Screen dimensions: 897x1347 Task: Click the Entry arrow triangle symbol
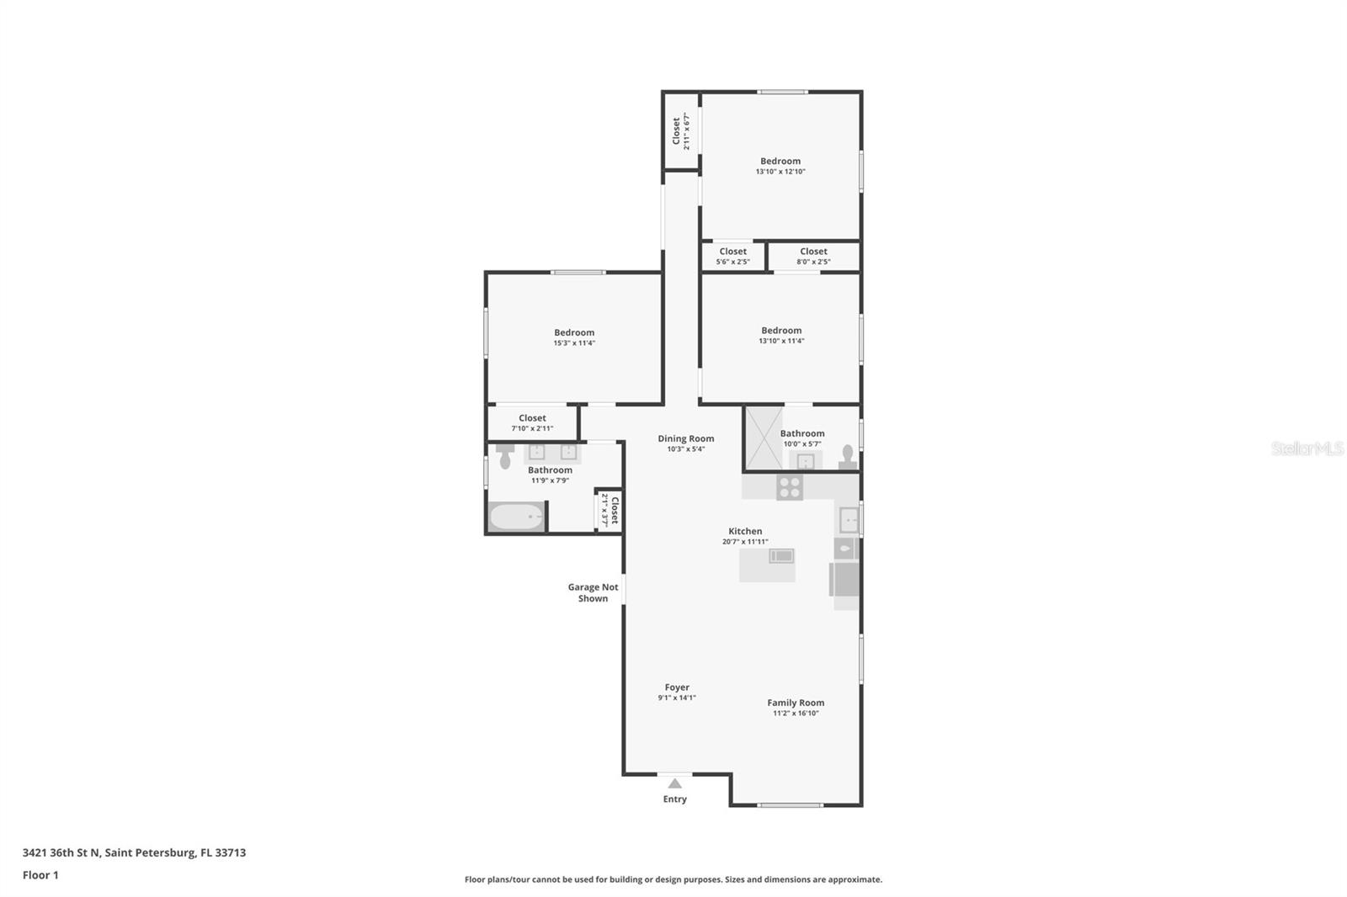674,783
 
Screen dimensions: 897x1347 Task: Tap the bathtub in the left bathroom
516,517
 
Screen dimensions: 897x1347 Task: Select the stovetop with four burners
790,487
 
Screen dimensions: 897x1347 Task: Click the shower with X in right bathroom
764,438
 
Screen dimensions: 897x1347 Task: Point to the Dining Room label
685,438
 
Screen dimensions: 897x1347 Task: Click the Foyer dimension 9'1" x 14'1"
676,698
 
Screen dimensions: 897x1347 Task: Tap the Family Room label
796,703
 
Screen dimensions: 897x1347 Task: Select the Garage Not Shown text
593,593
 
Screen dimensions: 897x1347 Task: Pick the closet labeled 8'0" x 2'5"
813,256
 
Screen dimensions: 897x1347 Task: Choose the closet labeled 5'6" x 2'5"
732,256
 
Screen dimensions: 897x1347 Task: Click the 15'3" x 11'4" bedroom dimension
574,343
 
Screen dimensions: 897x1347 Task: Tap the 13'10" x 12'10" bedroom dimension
780,172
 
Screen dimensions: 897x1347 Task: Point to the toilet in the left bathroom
505,456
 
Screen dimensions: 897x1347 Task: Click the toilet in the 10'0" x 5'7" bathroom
848,458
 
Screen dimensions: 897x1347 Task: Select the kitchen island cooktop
781,555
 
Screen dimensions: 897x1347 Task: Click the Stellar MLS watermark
1307,448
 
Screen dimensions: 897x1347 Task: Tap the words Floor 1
40,875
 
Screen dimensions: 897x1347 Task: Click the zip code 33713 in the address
231,852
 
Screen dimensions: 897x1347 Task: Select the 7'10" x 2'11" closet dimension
532,428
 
